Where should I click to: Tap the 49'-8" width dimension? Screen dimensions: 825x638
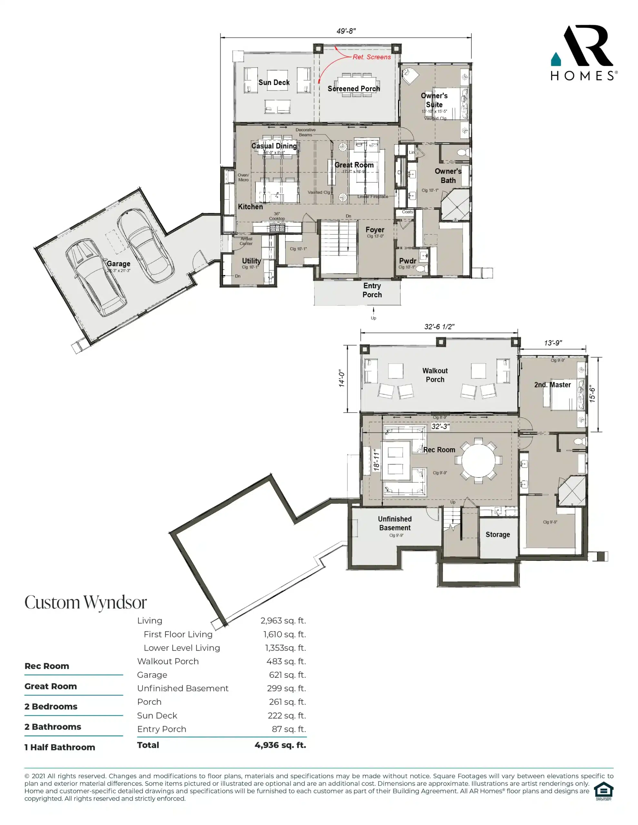346,31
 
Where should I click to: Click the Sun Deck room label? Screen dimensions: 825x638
274,82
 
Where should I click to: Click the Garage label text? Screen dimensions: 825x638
118,264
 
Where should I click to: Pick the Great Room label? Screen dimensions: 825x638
354,165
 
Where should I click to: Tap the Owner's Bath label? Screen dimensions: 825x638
448,176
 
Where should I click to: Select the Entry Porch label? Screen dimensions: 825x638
372,290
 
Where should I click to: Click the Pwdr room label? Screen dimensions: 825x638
407,261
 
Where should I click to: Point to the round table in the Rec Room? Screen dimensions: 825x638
478,461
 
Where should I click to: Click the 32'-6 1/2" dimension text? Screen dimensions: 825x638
439,327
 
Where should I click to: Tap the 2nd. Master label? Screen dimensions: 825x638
552,384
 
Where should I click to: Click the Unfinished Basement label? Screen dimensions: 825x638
394,523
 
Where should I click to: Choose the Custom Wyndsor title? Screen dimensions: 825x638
85,603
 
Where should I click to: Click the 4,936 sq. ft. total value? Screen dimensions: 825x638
280,745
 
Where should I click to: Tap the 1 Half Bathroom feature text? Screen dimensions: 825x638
59,747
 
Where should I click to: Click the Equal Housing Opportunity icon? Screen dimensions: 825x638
603,791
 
